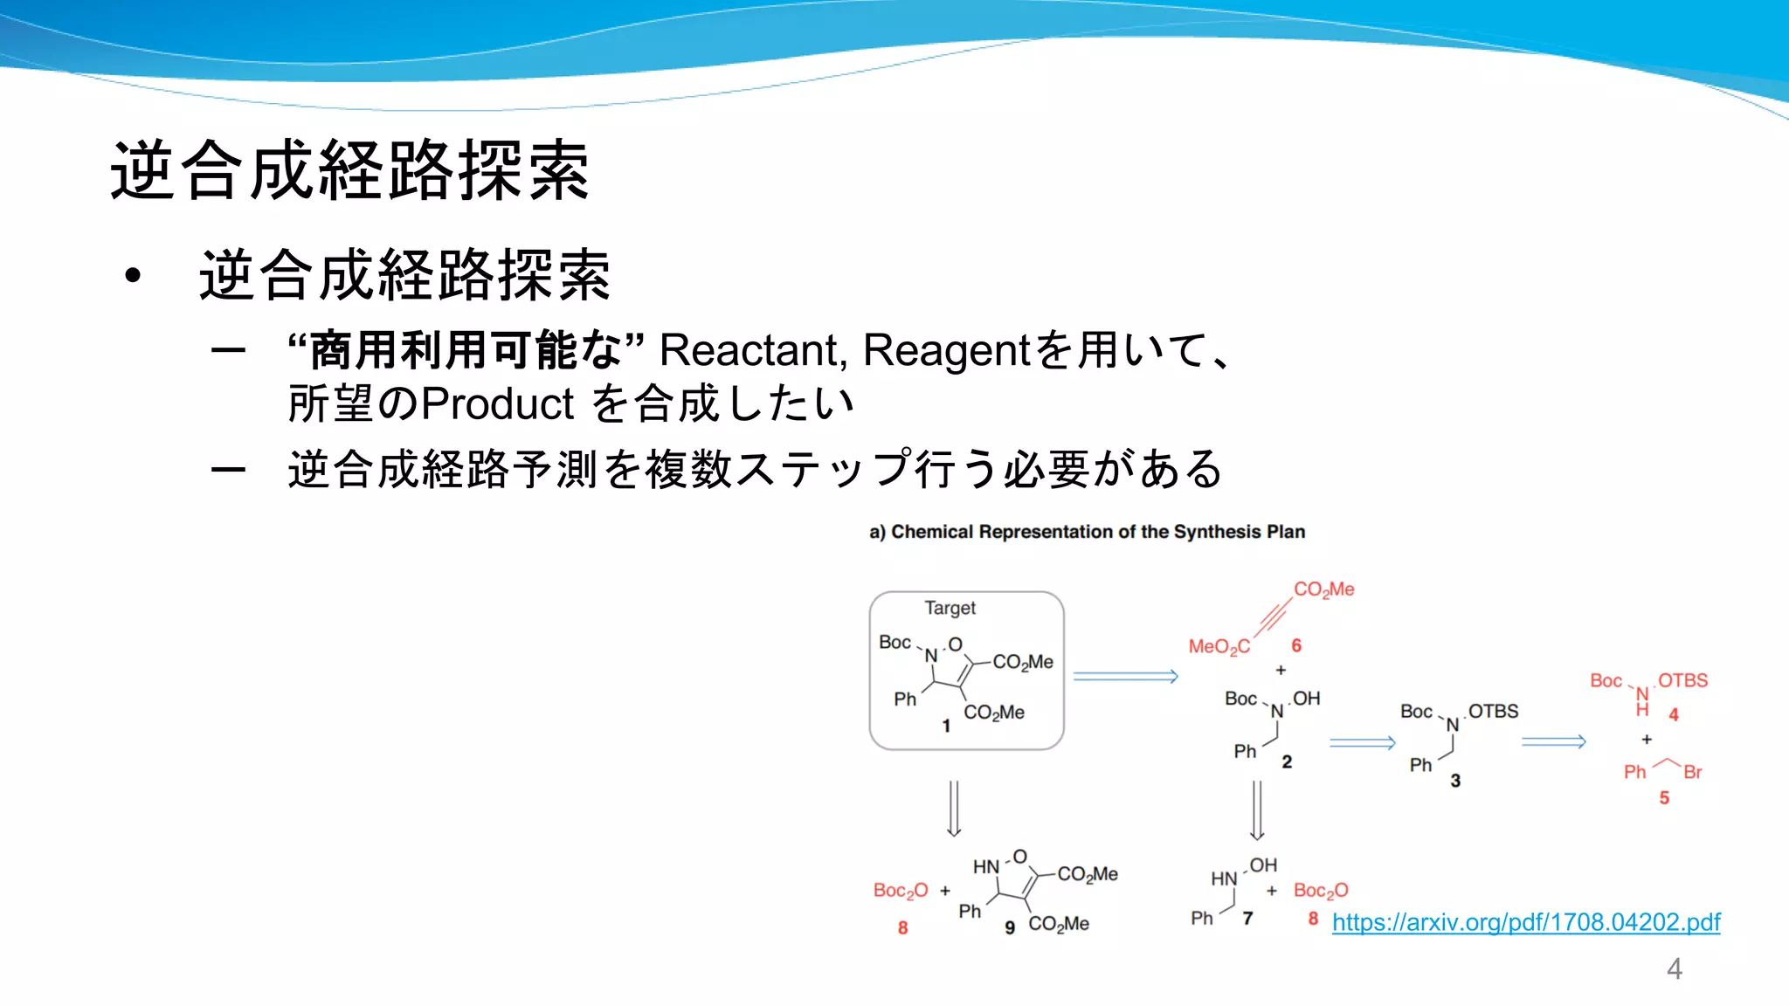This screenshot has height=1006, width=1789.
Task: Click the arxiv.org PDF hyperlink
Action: pyautogui.click(x=1525, y=922)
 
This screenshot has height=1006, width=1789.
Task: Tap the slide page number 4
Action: pyautogui.click(x=1674, y=968)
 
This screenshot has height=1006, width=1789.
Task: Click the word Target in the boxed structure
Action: pyautogui.click(x=950, y=608)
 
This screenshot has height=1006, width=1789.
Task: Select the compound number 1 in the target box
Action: pyautogui.click(x=946, y=726)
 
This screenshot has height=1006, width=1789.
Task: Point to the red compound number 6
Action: pyautogui.click(x=1296, y=645)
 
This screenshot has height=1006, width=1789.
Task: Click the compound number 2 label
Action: pyautogui.click(x=1287, y=761)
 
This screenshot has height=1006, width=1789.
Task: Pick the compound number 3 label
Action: pyautogui.click(x=1455, y=781)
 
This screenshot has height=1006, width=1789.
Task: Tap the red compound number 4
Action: pyautogui.click(x=1674, y=714)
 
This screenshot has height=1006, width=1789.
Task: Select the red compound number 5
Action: pyautogui.click(x=1664, y=797)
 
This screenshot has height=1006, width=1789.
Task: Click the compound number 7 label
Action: pyautogui.click(x=1247, y=918)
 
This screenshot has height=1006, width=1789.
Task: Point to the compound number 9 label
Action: pyautogui.click(x=1010, y=927)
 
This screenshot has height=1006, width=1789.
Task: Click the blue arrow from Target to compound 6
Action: pyautogui.click(x=1125, y=676)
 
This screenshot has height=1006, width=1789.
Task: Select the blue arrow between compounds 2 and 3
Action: pyautogui.click(x=1362, y=743)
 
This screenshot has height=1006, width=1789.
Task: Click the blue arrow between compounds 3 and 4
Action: pyautogui.click(x=1553, y=741)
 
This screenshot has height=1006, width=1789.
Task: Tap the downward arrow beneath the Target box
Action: pyautogui.click(x=954, y=808)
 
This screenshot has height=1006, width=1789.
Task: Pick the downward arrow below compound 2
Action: pyautogui.click(x=1257, y=810)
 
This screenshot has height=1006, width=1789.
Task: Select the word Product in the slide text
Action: pyautogui.click(x=497, y=403)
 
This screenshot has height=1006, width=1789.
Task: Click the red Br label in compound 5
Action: pyautogui.click(x=1692, y=772)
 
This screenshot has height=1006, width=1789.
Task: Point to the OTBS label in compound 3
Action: pyautogui.click(x=1493, y=711)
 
